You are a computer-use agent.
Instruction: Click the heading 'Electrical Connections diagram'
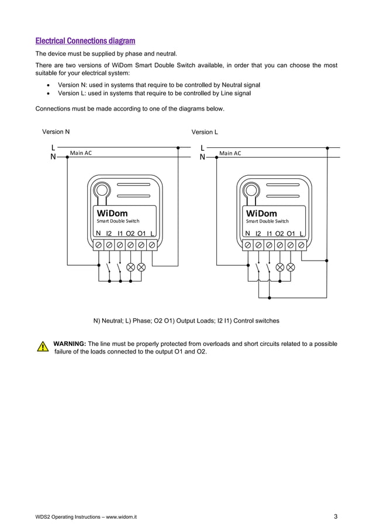(85, 41)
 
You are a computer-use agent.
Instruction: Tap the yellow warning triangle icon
(42, 346)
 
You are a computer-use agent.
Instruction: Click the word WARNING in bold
(70, 344)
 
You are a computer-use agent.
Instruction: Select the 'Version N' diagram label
(56, 132)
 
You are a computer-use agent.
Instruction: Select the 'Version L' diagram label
(205, 132)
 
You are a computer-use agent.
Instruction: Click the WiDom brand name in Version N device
(112, 213)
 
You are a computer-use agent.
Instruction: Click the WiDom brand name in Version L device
(261, 213)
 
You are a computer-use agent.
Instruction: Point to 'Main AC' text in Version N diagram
(81, 153)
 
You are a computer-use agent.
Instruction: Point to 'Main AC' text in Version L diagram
(230, 153)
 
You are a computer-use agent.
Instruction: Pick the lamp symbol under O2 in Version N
(130, 267)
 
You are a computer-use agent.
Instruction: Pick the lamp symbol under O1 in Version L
(291, 267)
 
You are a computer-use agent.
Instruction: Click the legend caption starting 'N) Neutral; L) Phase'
(186, 321)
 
